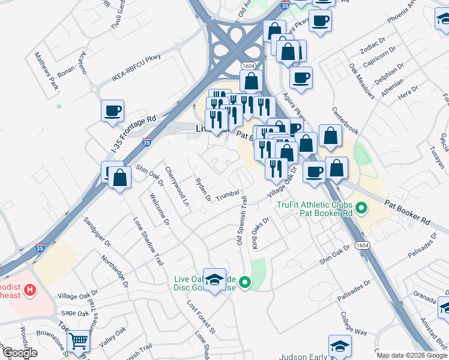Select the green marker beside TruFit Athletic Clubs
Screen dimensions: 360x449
(x=361, y=209)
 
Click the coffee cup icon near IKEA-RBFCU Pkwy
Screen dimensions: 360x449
(x=112, y=110)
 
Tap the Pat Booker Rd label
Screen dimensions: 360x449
(x=408, y=211)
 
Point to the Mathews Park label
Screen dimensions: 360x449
(x=46, y=70)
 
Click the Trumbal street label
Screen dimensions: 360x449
(x=228, y=196)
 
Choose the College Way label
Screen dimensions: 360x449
(x=354, y=323)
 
